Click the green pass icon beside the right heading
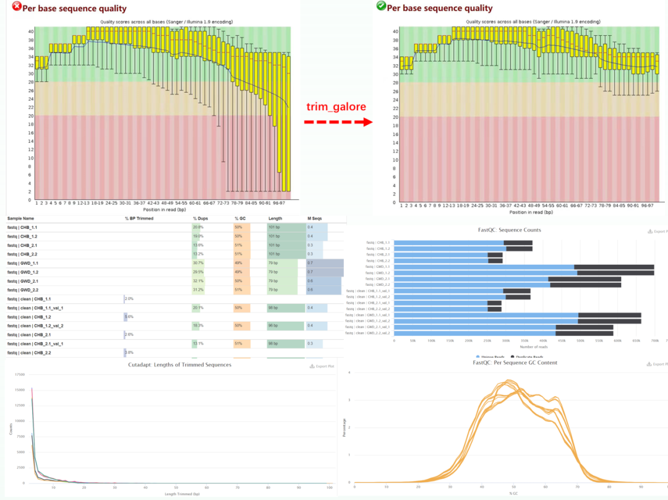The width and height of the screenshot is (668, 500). [381, 6]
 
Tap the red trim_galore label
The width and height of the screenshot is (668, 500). [336, 106]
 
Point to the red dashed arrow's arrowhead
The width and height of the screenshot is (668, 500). [368, 122]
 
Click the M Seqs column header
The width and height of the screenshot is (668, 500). [314, 218]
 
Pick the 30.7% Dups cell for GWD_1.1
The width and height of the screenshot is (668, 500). [199, 263]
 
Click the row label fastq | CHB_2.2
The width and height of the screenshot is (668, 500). [22, 254]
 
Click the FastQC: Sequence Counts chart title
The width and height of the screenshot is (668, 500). [510, 230]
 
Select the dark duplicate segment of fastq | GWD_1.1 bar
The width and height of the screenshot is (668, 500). [615, 267]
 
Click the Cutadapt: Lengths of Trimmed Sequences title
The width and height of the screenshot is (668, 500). [171, 365]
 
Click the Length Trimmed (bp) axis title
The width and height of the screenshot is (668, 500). [170, 493]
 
